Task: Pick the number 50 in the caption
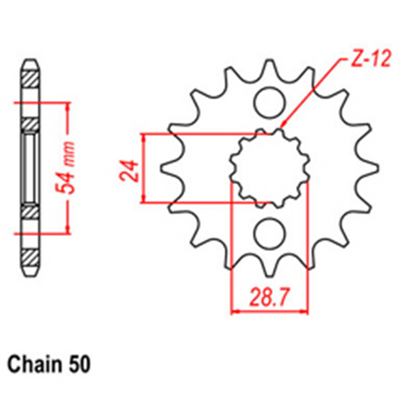(x=81, y=364)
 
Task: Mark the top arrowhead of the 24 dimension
(x=145, y=137)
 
